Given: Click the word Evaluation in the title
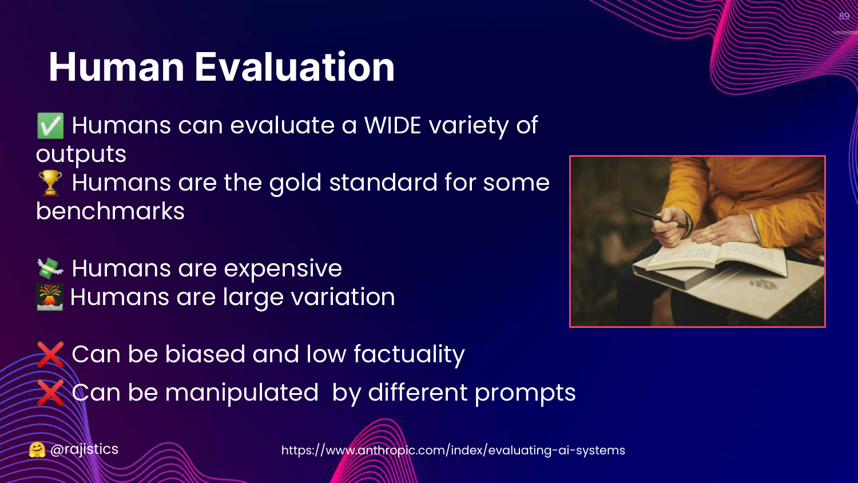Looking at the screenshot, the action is (x=295, y=67).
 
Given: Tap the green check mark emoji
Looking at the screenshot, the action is (x=50, y=126).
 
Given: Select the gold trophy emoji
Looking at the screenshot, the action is (x=50, y=183).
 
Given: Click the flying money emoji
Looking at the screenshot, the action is (x=50, y=268).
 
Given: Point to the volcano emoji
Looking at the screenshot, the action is (x=49, y=296).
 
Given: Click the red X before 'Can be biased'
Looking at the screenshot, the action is (x=50, y=354).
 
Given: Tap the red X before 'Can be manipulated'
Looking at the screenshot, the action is (x=50, y=393).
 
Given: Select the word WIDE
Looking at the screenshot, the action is (x=392, y=125).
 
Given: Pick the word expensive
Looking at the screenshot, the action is (x=283, y=269).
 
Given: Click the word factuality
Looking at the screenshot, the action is (x=409, y=355).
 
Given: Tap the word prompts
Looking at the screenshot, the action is (x=525, y=394).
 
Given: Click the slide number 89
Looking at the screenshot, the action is (x=844, y=16).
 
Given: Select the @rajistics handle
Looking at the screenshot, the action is (x=84, y=449).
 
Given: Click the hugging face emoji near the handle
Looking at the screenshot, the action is (x=37, y=450).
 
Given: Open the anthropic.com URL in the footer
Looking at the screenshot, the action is (x=453, y=450).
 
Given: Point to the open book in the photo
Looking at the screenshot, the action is (x=716, y=257).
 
